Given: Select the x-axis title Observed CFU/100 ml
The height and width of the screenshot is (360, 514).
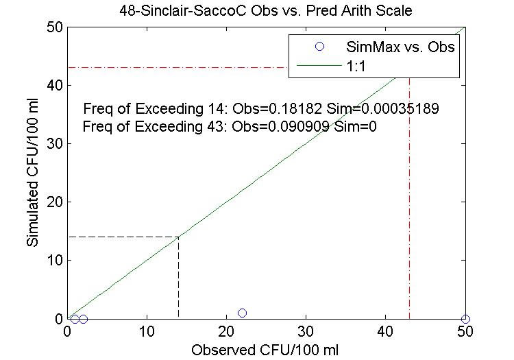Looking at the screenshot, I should coord(265,349).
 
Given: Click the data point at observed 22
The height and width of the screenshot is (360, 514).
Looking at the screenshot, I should coord(242,313).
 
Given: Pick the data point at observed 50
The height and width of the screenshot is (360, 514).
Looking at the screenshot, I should coord(465,319).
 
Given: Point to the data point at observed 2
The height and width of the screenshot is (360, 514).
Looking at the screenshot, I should coord(83,319).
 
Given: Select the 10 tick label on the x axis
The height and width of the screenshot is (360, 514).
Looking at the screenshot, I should coord(147,331).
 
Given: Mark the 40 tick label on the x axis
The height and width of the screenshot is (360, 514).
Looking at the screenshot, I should coord(385,331).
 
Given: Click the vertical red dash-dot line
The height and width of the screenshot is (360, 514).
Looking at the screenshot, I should coord(409,206).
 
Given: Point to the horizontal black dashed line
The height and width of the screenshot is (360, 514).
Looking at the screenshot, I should coord(123,237).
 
